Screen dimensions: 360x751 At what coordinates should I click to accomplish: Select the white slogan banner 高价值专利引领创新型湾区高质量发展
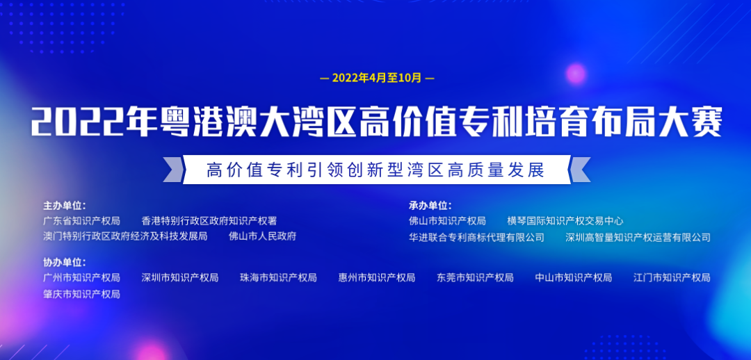(376, 170)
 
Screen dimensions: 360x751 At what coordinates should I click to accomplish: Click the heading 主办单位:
(64, 206)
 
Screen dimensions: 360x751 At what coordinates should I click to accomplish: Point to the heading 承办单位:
(430, 206)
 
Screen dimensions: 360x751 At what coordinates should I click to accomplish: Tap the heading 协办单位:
(64, 262)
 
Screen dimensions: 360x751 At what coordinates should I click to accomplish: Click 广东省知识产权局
(81, 221)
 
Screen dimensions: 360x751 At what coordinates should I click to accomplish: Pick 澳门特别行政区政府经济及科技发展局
(125, 236)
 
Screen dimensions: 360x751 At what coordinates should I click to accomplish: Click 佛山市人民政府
(263, 236)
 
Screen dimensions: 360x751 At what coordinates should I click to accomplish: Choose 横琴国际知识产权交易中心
(565, 221)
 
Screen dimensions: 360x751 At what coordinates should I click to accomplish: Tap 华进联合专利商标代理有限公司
(477, 238)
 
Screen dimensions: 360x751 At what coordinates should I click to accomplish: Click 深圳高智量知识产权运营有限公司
(638, 238)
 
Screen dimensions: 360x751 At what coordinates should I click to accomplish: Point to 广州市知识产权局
(81, 278)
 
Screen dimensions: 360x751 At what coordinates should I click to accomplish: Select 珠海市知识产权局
(278, 278)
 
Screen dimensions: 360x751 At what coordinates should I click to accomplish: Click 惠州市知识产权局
(377, 278)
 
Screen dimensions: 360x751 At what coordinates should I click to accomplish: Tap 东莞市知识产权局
(475, 278)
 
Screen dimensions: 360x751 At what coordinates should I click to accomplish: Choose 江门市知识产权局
(672, 278)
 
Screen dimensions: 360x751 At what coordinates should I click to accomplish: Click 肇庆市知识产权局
(81, 294)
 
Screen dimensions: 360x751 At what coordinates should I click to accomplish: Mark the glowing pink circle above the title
(576, 74)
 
